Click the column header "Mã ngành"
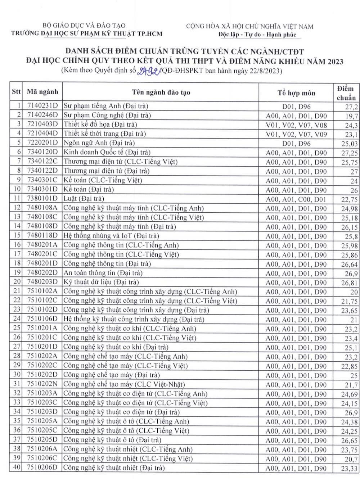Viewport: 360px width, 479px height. pyautogui.click(x=42, y=92)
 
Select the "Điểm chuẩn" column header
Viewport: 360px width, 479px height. pyautogui.click(x=346, y=92)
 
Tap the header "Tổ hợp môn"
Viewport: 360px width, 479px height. pyautogui.click(x=296, y=93)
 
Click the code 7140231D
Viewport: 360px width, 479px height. pyautogui.click(x=42, y=106)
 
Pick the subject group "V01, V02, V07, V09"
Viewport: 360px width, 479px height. pyautogui.click(x=296, y=134)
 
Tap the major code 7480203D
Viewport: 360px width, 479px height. pyautogui.click(x=42, y=283)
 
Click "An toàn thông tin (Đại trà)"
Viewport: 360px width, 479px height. pyautogui.click(x=103, y=273)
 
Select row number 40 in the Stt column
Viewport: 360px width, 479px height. pyautogui.click(x=17, y=468)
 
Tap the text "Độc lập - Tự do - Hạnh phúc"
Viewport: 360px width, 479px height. pyautogui.click(x=257, y=35)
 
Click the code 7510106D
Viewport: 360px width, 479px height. pyautogui.click(x=42, y=320)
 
